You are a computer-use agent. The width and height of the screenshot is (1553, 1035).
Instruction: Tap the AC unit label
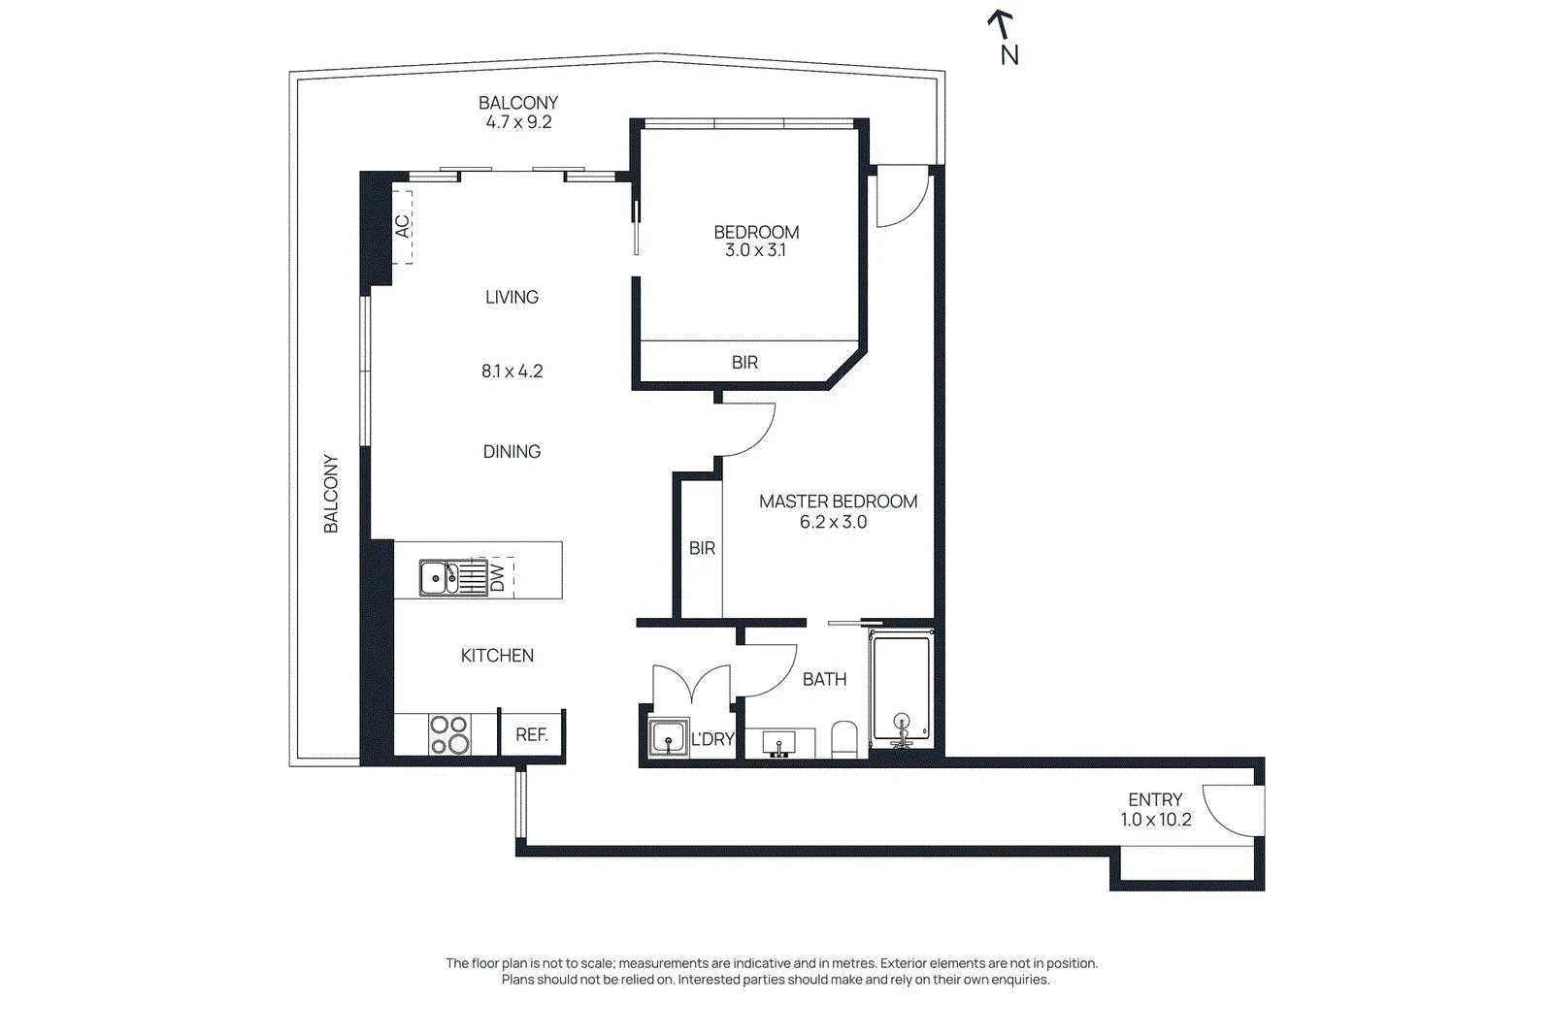tap(402, 227)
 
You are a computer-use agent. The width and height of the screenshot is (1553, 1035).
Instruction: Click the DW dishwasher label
tap(497, 578)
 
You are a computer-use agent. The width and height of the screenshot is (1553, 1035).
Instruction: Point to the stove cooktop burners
tap(448, 734)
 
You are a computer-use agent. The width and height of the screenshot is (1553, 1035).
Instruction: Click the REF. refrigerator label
tap(532, 734)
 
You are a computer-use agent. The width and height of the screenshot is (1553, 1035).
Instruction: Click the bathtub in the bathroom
tap(902, 690)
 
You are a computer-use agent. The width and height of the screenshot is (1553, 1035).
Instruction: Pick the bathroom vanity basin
tap(780, 743)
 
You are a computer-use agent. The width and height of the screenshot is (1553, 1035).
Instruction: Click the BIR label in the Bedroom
tap(744, 363)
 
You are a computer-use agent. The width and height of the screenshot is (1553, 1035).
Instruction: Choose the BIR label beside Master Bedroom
tap(702, 549)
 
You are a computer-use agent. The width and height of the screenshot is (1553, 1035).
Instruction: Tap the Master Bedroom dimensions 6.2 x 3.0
tap(834, 522)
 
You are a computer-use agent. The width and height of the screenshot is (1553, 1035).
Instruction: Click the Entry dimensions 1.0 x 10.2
tap(1156, 820)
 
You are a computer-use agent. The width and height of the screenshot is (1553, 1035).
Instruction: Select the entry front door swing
tap(1229, 810)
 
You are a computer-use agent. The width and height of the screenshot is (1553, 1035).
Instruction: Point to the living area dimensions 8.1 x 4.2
tap(512, 372)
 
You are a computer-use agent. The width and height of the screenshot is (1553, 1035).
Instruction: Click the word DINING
tap(512, 452)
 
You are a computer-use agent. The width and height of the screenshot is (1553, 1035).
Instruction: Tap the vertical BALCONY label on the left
tap(331, 494)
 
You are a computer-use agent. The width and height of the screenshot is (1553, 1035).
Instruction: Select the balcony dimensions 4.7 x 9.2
tap(518, 122)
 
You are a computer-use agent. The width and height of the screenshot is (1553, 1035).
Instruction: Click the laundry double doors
tap(691, 682)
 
